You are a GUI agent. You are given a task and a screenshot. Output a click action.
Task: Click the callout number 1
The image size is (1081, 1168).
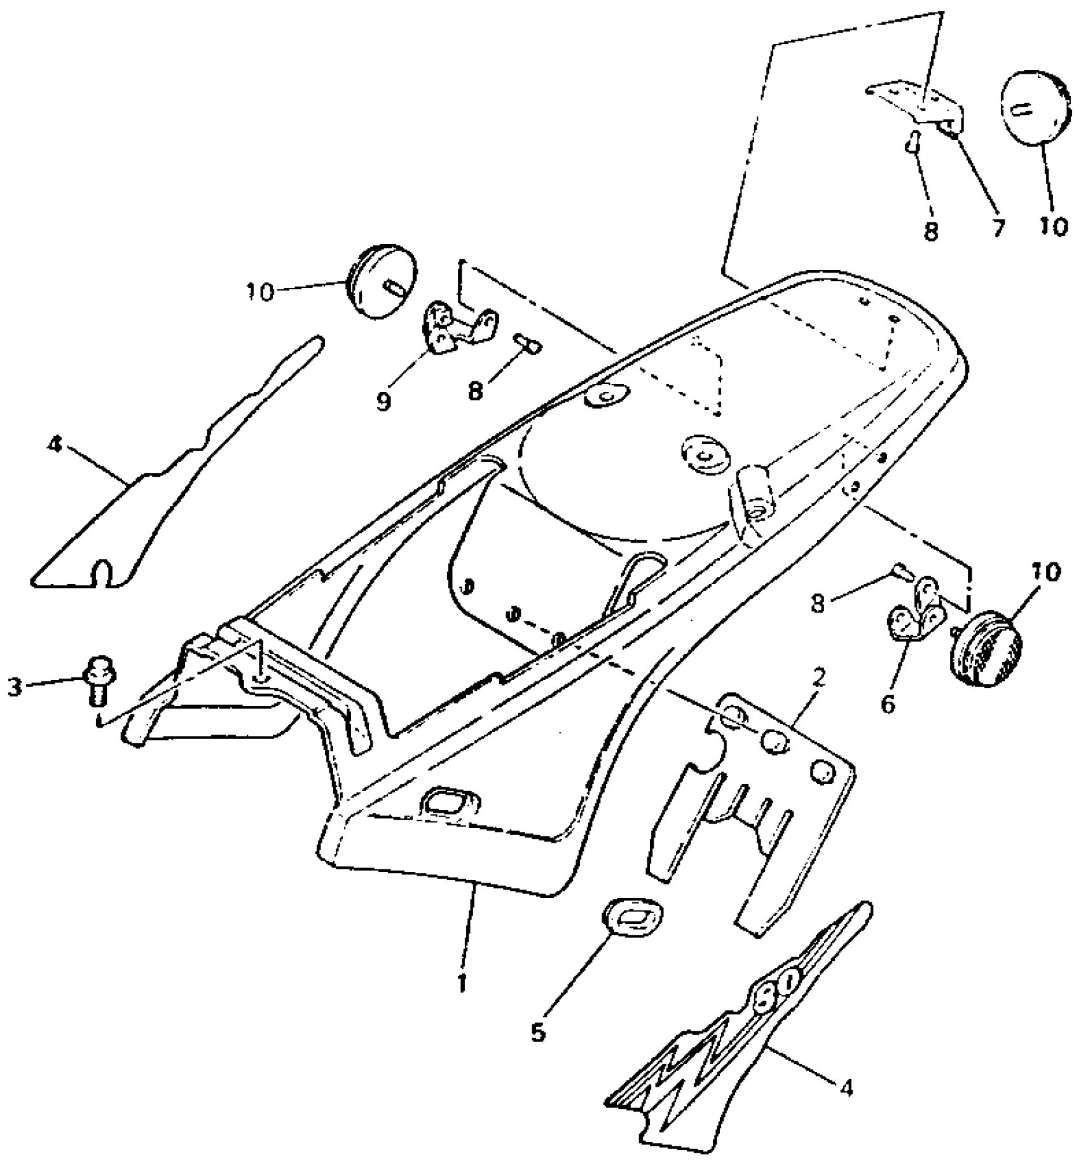pyautogui.click(x=462, y=982)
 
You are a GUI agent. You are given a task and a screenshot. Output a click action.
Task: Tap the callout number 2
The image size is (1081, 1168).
pyautogui.click(x=819, y=679)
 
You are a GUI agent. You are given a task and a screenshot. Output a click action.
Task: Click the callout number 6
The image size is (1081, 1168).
pyautogui.click(x=888, y=703)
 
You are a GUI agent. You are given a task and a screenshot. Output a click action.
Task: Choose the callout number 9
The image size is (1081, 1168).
pyautogui.click(x=383, y=402)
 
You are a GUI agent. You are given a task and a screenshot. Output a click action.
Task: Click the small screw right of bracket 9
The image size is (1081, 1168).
pyautogui.click(x=529, y=345)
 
